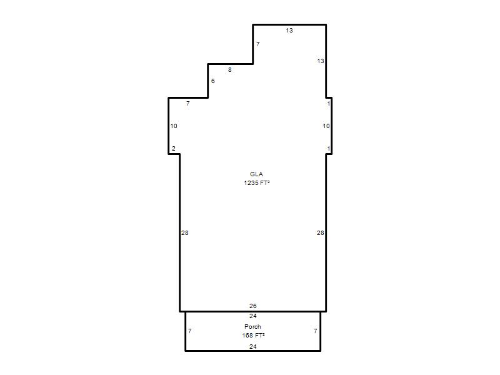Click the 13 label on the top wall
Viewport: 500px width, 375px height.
(x=289, y=30)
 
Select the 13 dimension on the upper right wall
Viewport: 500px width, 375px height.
(x=321, y=61)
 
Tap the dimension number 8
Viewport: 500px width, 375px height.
(x=229, y=70)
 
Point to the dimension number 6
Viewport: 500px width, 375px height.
(x=213, y=81)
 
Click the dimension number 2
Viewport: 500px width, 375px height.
(x=174, y=149)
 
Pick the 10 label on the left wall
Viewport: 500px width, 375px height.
(x=174, y=126)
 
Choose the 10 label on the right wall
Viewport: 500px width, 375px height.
(x=326, y=126)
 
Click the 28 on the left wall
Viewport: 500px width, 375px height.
(x=185, y=233)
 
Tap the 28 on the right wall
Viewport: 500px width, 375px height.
(x=321, y=233)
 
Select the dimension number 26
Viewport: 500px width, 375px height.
(x=253, y=306)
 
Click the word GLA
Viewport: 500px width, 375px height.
(x=256, y=174)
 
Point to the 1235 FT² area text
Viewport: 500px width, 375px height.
(x=257, y=182)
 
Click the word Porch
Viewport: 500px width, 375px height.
(x=252, y=326)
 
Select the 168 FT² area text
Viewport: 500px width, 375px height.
(x=254, y=335)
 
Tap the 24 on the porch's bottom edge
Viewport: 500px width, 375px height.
(x=253, y=347)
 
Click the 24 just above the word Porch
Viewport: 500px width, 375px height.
(x=253, y=316)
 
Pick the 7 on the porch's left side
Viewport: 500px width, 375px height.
(x=190, y=331)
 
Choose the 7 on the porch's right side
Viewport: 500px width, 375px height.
(x=316, y=331)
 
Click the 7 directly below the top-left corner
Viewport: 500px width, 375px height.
(x=258, y=44)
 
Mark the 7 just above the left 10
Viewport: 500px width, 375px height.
(x=188, y=104)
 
